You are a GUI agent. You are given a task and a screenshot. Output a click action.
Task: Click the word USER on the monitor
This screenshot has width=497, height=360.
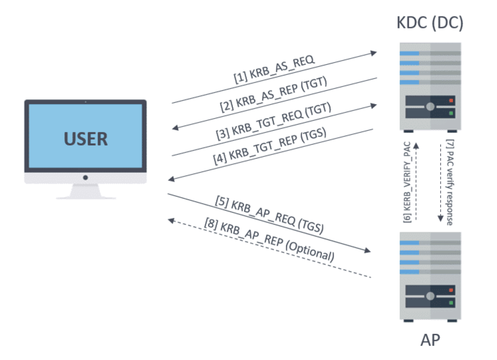click(85, 139)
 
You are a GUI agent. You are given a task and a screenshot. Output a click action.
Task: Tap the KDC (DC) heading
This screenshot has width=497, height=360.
click(430, 23)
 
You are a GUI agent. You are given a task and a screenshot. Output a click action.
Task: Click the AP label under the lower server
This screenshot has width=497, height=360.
click(430, 340)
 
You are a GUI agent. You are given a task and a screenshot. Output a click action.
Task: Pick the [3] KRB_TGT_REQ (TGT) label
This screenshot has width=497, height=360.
click(274, 121)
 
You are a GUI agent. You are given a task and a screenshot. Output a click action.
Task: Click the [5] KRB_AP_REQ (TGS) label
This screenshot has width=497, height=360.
click(269, 215)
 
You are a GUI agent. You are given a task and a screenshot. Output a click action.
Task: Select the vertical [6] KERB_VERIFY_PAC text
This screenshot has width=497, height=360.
click(407, 182)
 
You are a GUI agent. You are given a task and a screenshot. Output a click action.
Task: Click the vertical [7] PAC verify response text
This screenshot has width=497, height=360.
click(450, 182)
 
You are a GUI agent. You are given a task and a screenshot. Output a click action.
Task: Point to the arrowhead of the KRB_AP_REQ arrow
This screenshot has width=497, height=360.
click(367, 251)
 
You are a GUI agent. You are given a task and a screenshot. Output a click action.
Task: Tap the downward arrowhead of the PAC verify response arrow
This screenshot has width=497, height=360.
click(440, 218)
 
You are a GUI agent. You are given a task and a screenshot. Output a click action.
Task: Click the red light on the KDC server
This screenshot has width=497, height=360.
click(451, 101)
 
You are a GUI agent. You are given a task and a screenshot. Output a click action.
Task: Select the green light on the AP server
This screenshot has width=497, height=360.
click(451, 303)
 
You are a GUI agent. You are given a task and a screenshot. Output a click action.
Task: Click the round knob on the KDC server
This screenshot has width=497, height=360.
click(430, 107)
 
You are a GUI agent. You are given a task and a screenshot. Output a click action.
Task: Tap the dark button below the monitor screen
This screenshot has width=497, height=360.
click(85, 178)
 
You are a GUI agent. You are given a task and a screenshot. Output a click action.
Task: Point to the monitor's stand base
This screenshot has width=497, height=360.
click(86, 197)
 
